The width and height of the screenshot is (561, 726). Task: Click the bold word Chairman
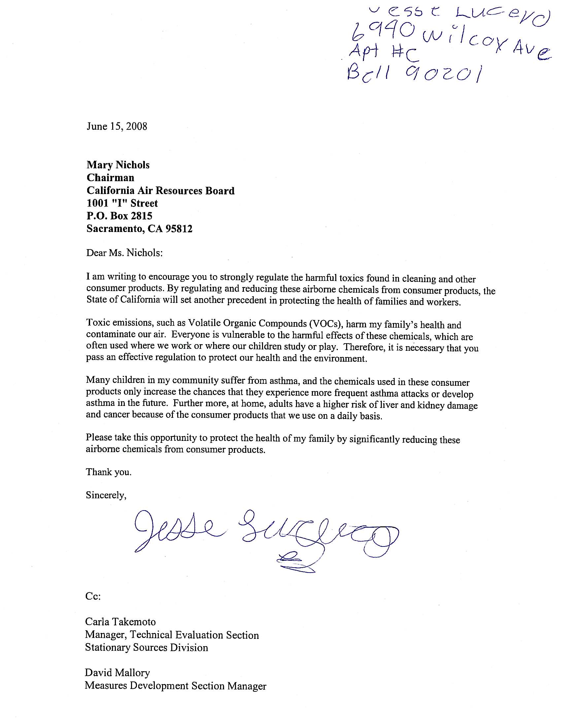110,178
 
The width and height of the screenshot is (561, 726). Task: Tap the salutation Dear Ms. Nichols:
124,253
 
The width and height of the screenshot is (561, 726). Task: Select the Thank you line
109,472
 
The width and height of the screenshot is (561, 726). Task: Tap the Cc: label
93,597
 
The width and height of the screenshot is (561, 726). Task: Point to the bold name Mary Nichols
118,165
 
